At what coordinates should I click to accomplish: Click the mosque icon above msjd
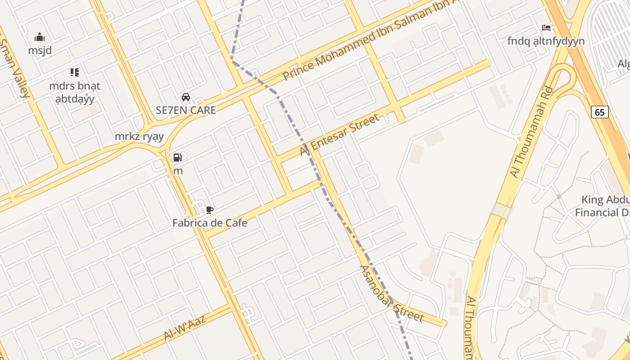point(40,37)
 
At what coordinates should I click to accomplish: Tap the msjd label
point(40,50)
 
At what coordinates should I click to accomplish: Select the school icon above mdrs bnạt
point(75,72)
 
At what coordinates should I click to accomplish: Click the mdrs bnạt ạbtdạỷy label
point(75,92)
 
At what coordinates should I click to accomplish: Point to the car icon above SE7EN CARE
point(185,97)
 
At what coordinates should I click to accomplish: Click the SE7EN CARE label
point(185,110)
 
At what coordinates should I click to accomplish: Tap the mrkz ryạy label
point(139,136)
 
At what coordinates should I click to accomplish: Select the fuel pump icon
point(178,157)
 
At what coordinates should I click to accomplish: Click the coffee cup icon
point(209,210)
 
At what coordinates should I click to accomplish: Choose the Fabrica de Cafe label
point(210,222)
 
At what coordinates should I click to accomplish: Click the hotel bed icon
point(546,28)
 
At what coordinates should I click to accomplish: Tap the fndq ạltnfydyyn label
point(546,41)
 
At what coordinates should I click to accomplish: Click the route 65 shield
point(600,112)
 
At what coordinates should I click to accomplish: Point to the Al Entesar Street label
point(340,135)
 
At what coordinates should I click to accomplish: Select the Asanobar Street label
point(391,294)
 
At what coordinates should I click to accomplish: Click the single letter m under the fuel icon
point(178,171)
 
